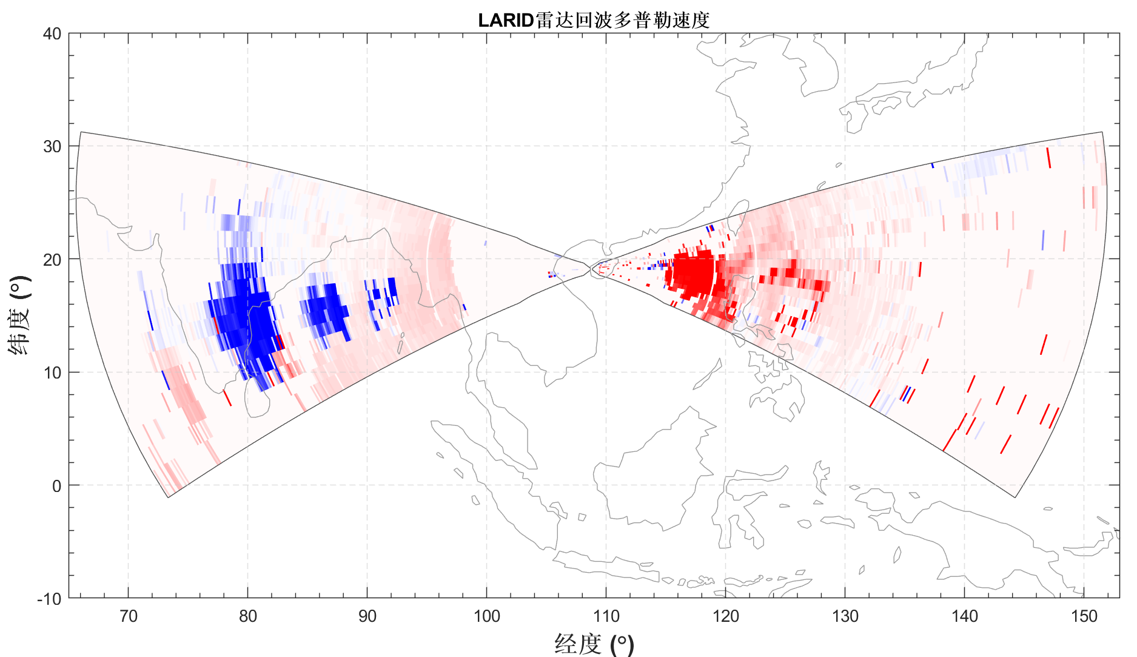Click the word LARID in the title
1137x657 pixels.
pyautogui.click(x=505, y=21)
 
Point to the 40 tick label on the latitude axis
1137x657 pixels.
pyautogui.click(x=53, y=34)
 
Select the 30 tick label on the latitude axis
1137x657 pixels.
pyautogui.click(x=53, y=147)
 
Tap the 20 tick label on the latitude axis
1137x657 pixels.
pyautogui.click(x=53, y=260)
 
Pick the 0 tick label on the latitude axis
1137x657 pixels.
pyautogui.click(x=56, y=486)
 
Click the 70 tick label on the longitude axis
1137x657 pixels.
pyautogui.click(x=128, y=616)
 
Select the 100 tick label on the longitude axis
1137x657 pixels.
pyautogui.click(x=486, y=616)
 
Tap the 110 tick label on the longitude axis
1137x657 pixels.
pyautogui.click(x=606, y=616)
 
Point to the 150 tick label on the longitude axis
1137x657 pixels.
pyautogui.click(x=1084, y=616)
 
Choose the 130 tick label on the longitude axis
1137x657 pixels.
pyautogui.click(x=845, y=616)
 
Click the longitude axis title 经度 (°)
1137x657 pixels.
pyautogui.click(x=594, y=644)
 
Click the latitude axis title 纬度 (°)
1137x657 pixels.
pyautogui.click(x=19, y=315)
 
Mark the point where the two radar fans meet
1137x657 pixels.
pyautogui.click(x=591, y=268)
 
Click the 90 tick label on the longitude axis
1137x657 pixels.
pyautogui.click(x=367, y=616)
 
